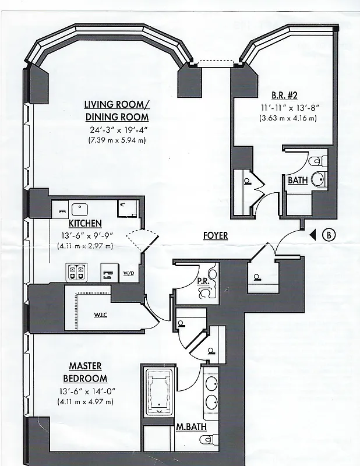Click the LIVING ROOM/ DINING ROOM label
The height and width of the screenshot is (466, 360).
tap(117, 110)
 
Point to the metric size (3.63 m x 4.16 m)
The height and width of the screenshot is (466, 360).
tap(288, 118)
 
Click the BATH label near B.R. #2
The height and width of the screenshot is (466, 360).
tap(297, 181)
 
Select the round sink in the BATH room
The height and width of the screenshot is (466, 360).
tap(318, 179)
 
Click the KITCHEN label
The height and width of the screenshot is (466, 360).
tap(86, 223)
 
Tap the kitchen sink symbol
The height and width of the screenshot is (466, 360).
tap(78, 208)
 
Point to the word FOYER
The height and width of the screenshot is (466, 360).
tap(215, 236)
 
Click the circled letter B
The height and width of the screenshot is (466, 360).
tap(329, 235)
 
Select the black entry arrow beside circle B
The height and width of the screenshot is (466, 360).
tap(313, 235)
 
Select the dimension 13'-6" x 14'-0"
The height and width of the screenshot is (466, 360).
tap(86, 391)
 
